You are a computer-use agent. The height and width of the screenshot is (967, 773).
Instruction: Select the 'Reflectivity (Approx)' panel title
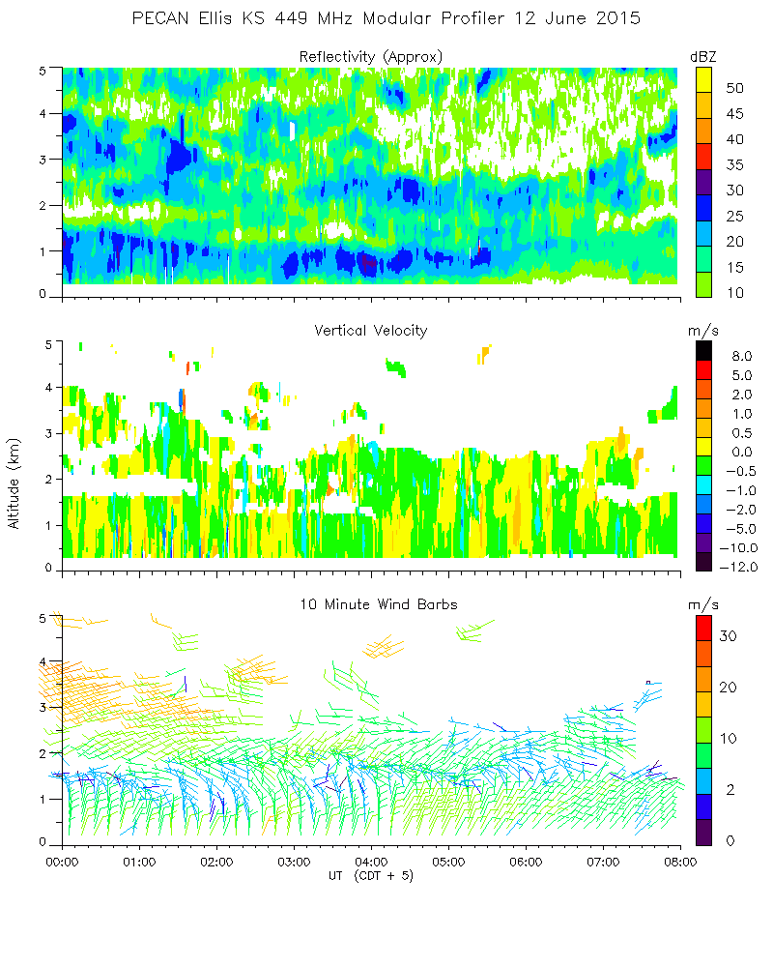click(x=371, y=56)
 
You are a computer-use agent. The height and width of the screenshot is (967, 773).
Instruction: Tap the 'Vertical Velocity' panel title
click(x=371, y=331)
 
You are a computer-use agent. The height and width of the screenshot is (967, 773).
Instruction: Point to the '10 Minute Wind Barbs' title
click(x=371, y=604)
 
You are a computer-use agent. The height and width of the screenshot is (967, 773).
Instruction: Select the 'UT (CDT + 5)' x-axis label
click(x=371, y=874)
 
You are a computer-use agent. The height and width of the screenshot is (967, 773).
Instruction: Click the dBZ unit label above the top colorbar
click(x=703, y=56)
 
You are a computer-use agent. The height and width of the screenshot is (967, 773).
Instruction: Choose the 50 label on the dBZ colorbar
click(x=734, y=88)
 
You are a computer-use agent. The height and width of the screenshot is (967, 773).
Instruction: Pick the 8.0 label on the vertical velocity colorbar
click(x=738, y=356)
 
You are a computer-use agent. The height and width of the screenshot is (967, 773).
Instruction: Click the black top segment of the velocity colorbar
click(x=704, y=351)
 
